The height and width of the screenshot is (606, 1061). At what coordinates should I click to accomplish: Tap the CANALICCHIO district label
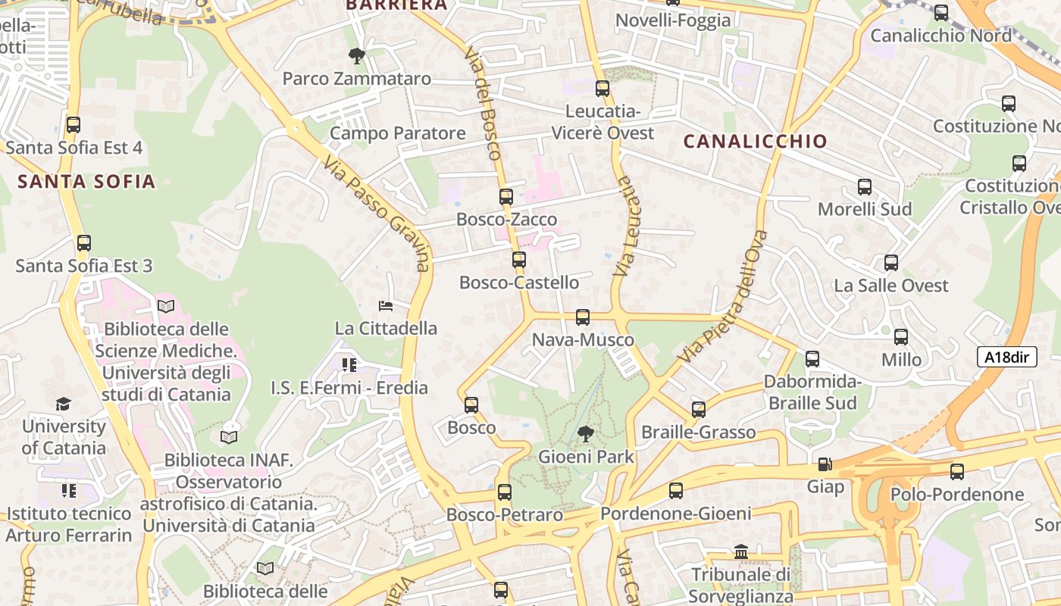(x=755, y=142)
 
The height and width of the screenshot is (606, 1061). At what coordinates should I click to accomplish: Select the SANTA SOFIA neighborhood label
(x=86, y=182)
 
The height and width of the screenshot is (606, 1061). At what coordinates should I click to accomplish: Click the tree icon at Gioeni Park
(x=585, y=435)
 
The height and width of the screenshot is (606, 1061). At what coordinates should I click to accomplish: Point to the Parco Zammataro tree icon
(x=356, y=55)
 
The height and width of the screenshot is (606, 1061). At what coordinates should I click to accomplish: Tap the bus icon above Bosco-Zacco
(x=506, y=197)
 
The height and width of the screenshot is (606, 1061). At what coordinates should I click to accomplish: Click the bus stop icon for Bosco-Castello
(x=519, y=260)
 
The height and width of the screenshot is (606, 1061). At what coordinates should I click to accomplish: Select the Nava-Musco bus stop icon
(x=582, y=317)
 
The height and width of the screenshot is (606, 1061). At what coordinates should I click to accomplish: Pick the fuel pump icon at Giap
(x=825, y=464)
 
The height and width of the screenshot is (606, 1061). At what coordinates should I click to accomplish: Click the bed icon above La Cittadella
(x=386, y=306)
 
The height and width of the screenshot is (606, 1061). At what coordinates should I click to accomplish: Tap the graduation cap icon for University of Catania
(x=63, y=404)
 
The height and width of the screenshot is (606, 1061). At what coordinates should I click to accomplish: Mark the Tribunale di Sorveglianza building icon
(x=741, y=552)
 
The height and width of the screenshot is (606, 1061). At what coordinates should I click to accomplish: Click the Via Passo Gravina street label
(x=376, y=214)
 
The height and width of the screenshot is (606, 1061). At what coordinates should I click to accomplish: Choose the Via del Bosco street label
(x=483, y=102)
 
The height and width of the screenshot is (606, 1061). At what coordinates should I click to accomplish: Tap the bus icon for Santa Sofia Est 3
(x=84, y=243)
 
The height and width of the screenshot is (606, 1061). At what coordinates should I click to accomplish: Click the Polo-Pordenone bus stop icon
(x=957, y=472)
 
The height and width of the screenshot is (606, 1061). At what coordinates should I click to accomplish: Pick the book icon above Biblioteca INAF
(x=228, y=437)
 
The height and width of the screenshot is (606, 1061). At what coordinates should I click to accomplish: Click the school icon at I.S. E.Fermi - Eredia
(x=349, y=365)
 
